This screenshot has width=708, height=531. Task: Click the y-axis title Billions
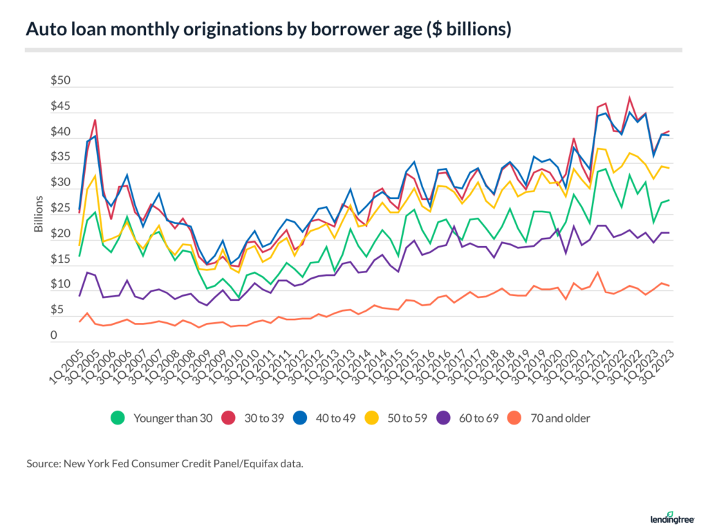(x=39, y=214)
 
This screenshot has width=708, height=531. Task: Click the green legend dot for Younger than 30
(x=118, y=418)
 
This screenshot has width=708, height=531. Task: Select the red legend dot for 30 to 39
(x=229, y=418)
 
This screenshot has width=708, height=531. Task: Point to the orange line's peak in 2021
(x=597, y=272)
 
